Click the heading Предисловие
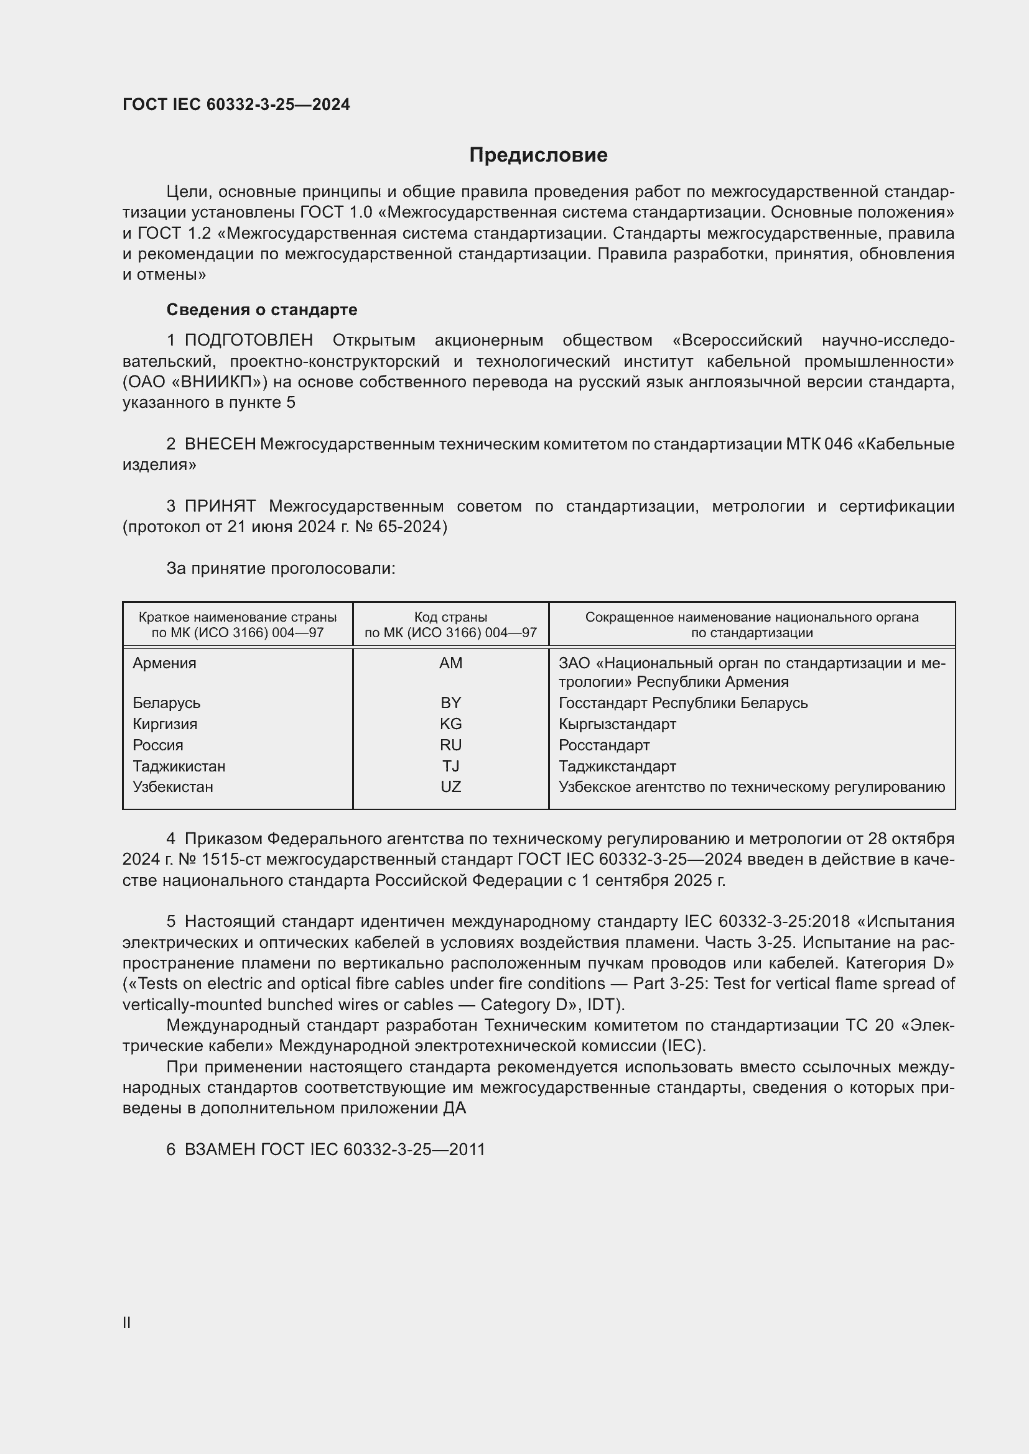click(538, 155)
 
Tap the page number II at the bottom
click(127, 1322)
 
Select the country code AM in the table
click(450, 663)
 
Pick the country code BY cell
click(450, 703)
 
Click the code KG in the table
click(450, 724)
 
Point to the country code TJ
click(450, 766)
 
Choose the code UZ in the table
click(450, 787)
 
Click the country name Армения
click(165, 663)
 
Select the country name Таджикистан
click(179, 766)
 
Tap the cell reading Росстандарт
click(604, 745)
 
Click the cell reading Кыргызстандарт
click(617, 724)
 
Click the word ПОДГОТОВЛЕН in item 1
click(248, 341)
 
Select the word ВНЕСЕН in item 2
click(220, 444)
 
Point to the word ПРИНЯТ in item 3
click(220, 507)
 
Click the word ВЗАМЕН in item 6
click(219, 1150)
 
